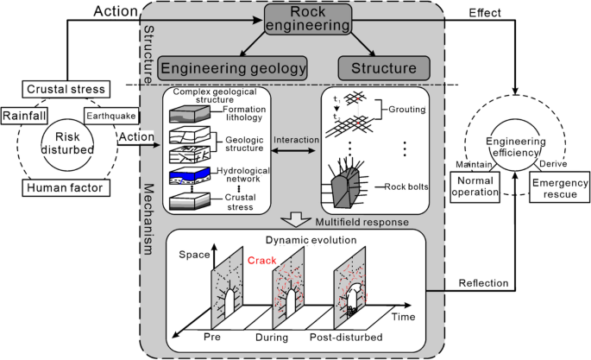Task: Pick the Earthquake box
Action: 109,115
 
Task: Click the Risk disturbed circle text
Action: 66,148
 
